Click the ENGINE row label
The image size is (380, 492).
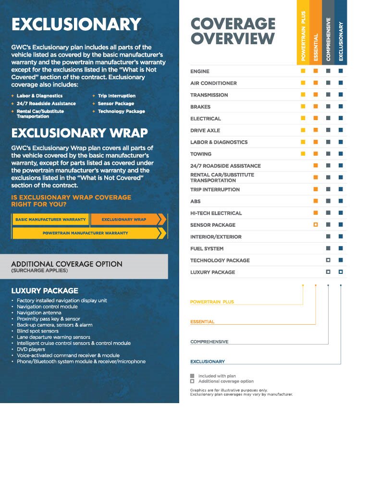point(200,72)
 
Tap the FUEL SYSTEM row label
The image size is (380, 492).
point(207,249)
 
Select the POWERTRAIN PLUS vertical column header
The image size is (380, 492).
point(303,36)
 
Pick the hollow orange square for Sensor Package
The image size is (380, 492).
point(316,225)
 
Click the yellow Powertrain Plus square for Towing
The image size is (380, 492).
point(303,154)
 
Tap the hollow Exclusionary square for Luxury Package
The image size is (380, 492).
point(341,272)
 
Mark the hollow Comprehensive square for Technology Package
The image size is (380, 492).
point(328,260)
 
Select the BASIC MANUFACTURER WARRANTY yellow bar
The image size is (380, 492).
point(50,220)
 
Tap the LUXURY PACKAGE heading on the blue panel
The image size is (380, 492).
point(45,291)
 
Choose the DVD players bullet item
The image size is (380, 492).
point(31,349)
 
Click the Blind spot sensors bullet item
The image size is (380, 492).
point(37,331)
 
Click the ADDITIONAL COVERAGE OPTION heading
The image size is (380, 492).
point(67,264)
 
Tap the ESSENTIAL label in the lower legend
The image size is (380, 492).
point(202,322)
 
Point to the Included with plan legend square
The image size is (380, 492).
point(192,376)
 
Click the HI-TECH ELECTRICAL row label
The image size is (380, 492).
point(216,213)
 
